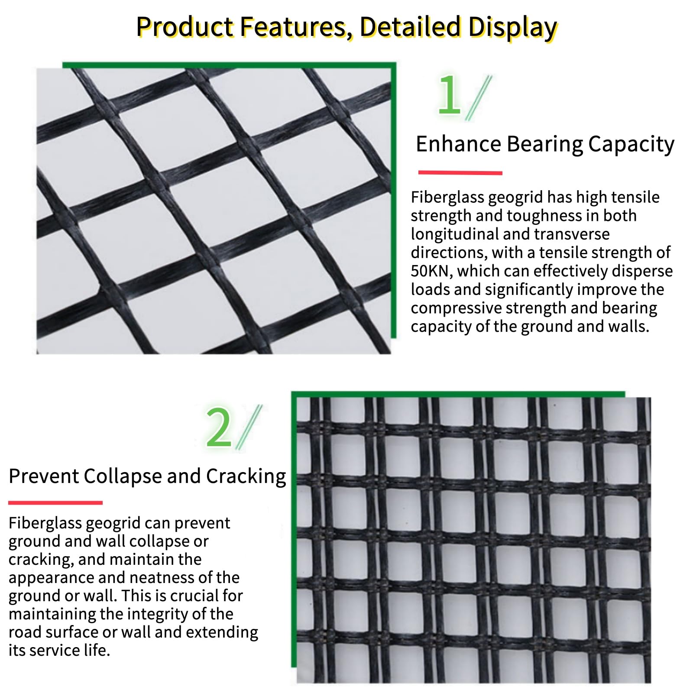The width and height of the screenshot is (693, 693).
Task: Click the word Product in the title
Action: coord(185,27)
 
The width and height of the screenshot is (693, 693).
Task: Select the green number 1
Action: coord(449,94)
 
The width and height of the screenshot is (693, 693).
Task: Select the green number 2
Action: coord(219,427)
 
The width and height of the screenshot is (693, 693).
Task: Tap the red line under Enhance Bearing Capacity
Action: coord(460,173)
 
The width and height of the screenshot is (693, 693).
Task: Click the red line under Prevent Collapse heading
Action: coord(55,502)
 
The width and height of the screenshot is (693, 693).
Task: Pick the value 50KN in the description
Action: coord(431,271)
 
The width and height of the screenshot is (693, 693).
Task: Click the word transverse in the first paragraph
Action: coord(572,234)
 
